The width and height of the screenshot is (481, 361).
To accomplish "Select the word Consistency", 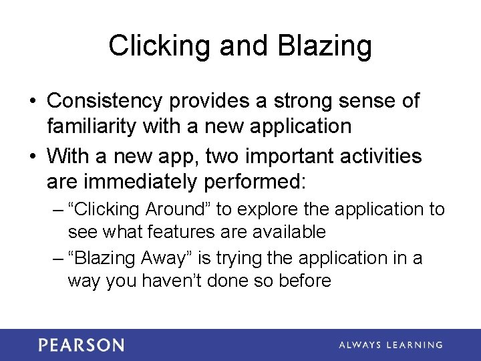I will pos(105,101).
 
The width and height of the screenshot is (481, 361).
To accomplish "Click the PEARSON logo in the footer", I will pos(81,345).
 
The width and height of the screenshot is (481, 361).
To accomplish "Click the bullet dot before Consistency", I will pos(32,102).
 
